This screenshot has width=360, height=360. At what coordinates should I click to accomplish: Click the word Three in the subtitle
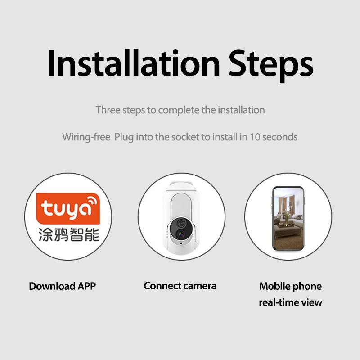tap(107, 110)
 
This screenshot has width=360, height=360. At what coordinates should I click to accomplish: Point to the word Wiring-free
tap(86, 137)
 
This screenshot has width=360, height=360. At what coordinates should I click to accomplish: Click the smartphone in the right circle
tap(288, 219)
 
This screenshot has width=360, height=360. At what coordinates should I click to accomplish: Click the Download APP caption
tap(62, 286)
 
